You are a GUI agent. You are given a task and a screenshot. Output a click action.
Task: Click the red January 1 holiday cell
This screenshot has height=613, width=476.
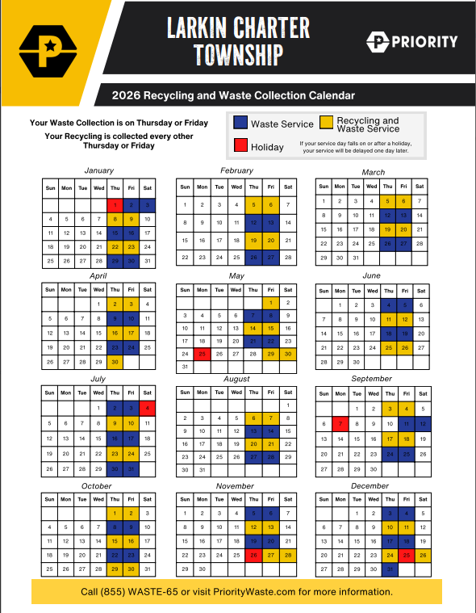(x=115, y=204)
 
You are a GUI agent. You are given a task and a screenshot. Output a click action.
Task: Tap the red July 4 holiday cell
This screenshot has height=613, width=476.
(x=147, y=409)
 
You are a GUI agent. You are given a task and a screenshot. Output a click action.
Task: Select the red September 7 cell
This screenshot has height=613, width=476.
(x=340, y=423)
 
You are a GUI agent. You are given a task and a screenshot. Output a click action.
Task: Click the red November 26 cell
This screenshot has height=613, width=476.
(x=254, y=555)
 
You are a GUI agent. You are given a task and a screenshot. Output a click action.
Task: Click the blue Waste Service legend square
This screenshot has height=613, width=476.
(x=240, y=124)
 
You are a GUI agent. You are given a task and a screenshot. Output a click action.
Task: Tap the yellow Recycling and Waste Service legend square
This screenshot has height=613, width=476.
(x=326, y=124)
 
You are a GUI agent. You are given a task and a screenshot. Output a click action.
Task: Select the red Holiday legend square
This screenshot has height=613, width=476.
(x=240, y=146)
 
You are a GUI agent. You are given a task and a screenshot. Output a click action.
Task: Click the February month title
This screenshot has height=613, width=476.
(x=237, y=170)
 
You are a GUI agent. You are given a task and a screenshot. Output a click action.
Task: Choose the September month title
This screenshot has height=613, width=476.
(x=373, y=378)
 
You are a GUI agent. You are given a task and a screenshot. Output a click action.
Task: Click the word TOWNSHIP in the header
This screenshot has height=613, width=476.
(x=238, y=55)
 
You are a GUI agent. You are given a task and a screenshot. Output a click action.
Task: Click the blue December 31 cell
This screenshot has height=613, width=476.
(x=390, y=569)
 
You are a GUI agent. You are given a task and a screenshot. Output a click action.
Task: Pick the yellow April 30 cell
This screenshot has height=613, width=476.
(x=115, y=362)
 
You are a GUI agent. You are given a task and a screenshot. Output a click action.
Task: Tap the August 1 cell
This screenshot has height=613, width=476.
(x=287, y=405)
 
